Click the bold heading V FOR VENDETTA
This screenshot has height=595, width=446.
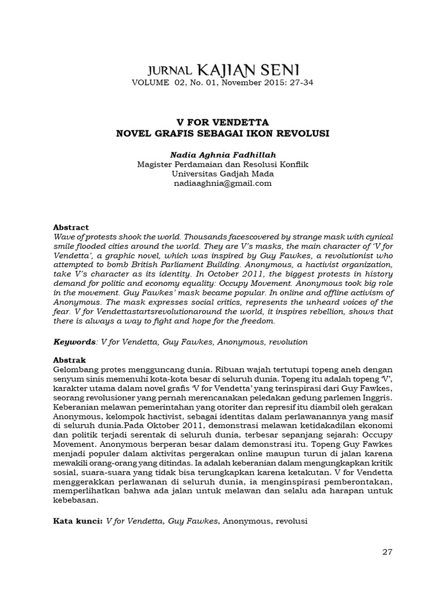(223, 123)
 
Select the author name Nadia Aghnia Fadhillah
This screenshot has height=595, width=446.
(223, 155)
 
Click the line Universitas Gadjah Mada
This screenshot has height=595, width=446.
(223, 174)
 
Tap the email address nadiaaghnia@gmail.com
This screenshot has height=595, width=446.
(223, 183)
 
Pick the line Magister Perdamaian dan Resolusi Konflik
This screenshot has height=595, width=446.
(223, 164)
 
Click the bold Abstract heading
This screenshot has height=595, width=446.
(71, 227)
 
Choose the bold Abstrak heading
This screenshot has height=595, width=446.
(69, 360)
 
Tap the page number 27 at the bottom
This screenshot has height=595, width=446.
(387, 551)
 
